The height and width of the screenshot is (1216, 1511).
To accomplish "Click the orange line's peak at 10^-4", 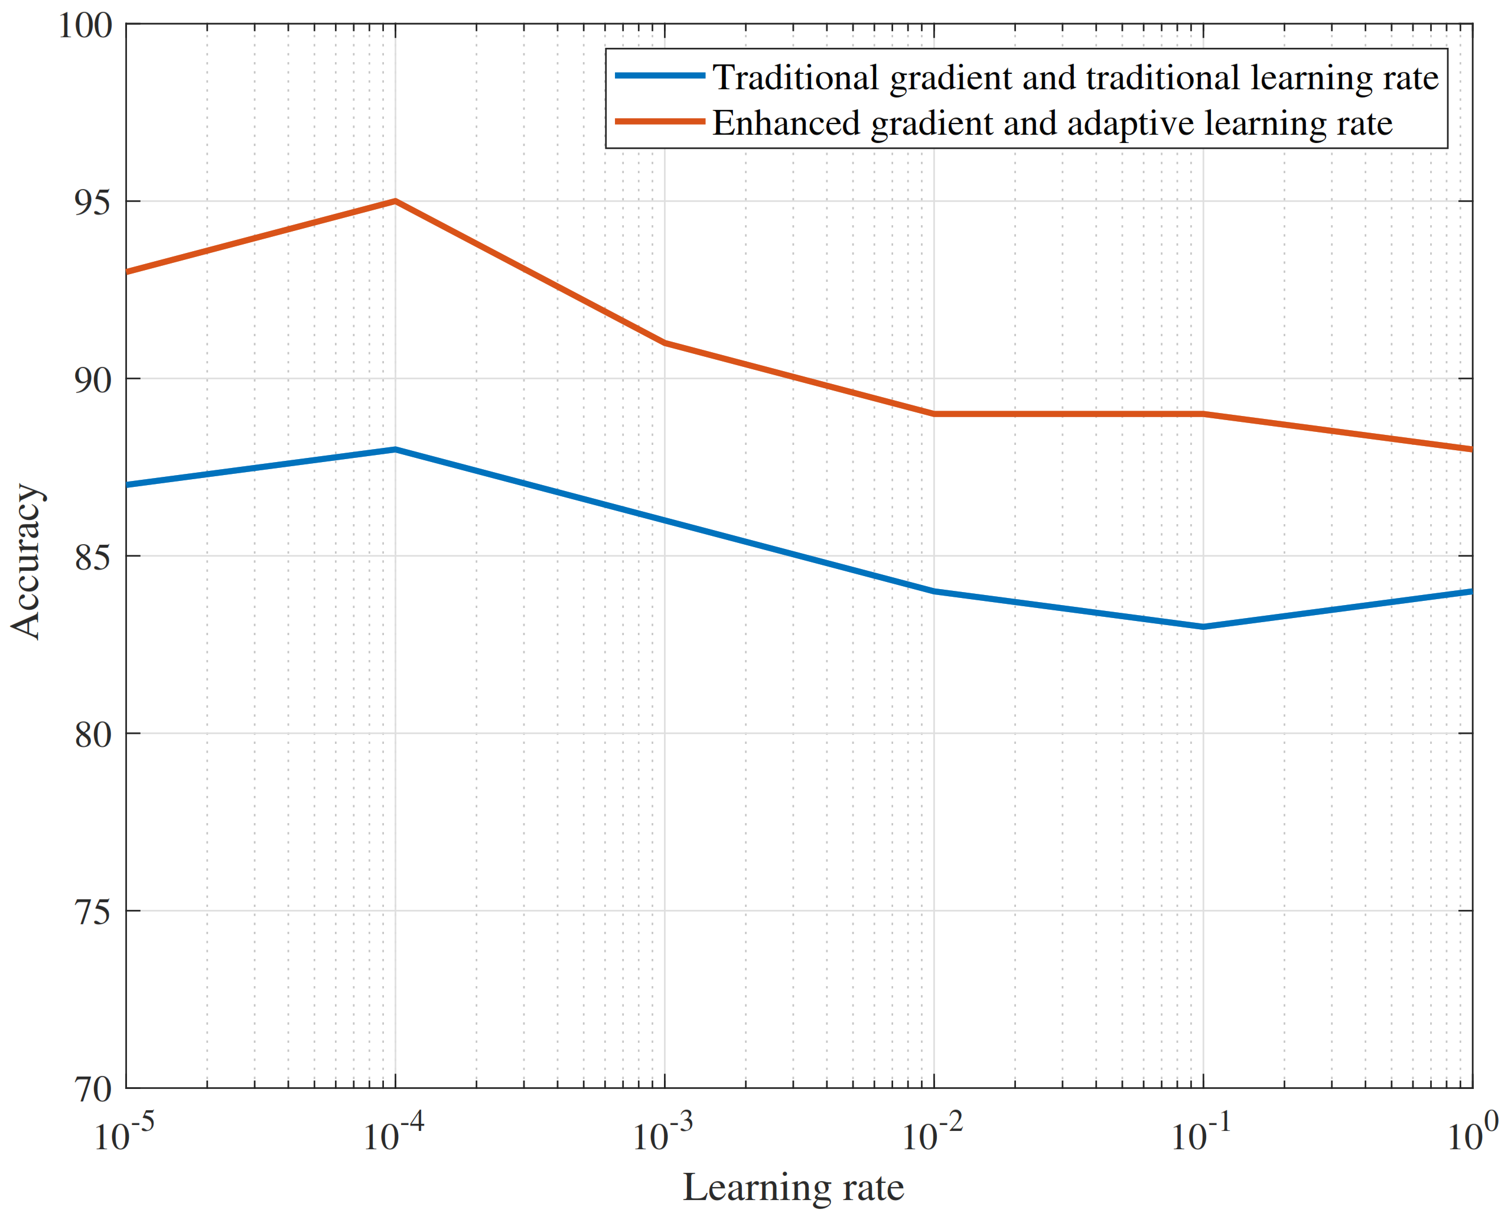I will click(x=395, y=201).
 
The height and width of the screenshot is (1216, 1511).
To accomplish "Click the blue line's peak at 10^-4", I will click(x=395, y=449).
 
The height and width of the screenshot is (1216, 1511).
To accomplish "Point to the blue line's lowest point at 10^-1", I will click(x=1203, y=626).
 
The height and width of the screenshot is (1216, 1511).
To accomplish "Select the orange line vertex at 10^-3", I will click(x=665, y=343).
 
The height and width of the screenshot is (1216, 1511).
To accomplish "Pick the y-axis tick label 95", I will click(x=93, y=203).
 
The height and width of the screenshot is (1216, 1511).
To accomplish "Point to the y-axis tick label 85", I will click(x=93, y=557).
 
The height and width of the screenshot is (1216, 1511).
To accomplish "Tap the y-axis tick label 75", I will click(x=93, y=912).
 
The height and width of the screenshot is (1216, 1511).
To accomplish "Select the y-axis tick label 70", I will click(x=93, y=1089).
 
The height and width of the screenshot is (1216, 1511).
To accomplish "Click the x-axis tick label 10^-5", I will click(x=123, y=1133).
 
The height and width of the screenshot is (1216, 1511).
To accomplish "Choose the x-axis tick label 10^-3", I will click(x=662, y=1133).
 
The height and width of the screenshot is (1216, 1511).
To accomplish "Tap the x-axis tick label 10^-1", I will click(x=1200, y=1133).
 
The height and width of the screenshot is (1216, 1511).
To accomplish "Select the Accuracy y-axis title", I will click(x=27, y=561).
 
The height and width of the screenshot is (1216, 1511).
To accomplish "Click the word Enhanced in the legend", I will click(x=785, y=123).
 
